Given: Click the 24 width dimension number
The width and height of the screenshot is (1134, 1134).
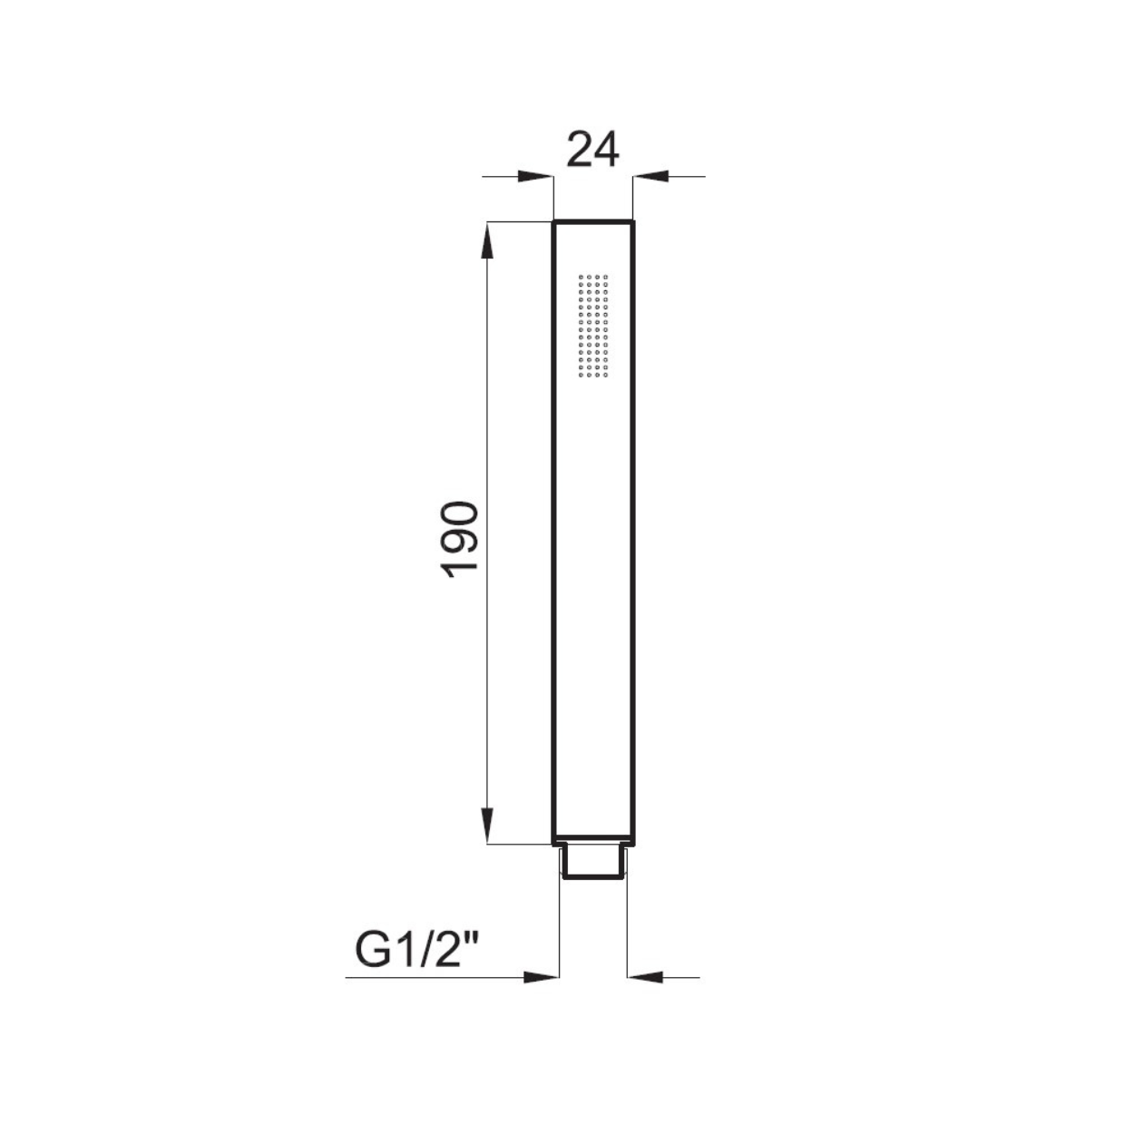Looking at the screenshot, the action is (x=592, y=151).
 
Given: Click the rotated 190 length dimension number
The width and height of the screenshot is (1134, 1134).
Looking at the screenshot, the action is (x=460, y=540).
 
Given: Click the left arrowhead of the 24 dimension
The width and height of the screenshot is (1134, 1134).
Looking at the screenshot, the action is (x=535, y=176).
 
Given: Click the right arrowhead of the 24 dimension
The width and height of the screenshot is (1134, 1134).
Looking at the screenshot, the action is (x=650, y=176).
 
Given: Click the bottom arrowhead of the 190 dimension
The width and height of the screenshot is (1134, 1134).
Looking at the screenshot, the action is (x=488, y=826).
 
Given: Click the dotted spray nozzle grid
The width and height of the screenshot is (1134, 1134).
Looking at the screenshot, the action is (x=593, y=326).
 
